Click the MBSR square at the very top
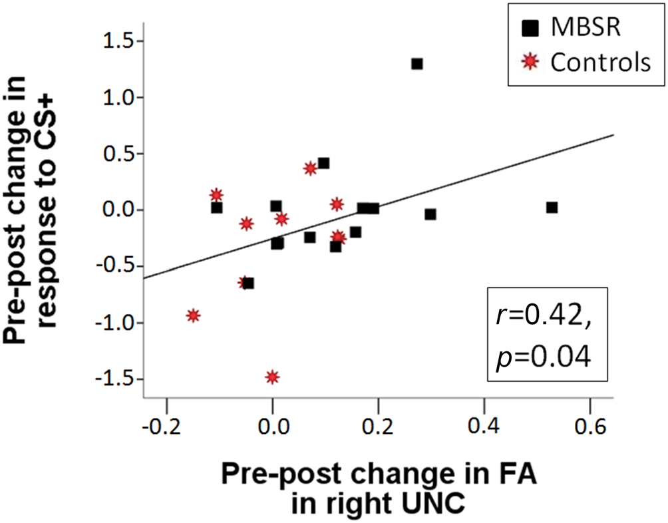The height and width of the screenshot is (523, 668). point(417,64)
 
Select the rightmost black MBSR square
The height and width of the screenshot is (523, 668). point(552,208)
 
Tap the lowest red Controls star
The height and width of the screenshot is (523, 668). point(271,377)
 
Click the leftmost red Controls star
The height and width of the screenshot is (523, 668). point(193,315)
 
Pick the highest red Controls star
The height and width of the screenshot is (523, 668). point(310,168)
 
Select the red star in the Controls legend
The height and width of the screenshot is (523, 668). point(530,62)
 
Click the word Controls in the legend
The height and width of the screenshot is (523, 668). point(599,62)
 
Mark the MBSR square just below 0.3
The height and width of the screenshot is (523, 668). point(430,214)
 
